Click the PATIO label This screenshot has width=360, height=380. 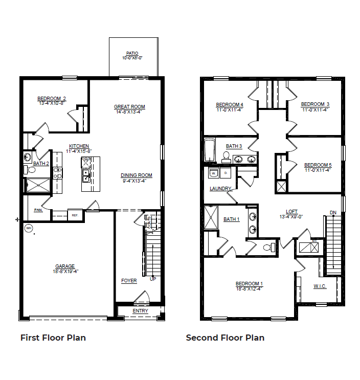132,53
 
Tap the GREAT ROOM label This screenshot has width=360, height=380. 129,107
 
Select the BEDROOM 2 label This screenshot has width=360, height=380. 52,99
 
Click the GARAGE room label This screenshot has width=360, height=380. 65,266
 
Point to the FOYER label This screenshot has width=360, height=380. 129,281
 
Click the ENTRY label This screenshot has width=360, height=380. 140,311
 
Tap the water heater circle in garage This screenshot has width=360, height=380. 29,228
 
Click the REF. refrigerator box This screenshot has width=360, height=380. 75,215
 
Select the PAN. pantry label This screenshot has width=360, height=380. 38,210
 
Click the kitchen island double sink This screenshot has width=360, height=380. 86,177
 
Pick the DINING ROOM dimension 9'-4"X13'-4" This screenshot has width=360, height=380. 137,181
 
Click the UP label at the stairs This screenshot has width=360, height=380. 152,279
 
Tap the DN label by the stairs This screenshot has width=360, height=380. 333,212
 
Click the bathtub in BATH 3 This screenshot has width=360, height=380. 210,151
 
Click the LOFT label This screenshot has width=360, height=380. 291,211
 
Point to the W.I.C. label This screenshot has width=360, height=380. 320,286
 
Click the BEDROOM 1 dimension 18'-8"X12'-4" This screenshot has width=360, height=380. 249,289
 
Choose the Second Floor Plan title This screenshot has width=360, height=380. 225,338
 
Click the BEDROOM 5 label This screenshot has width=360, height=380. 318,165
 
